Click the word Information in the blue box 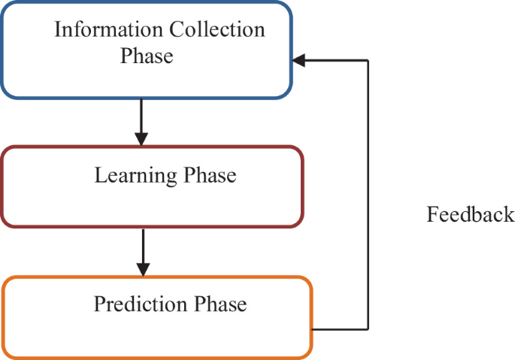99,30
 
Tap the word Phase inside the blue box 147,56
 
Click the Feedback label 471,215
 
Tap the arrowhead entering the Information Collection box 298,60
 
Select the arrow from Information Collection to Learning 141,122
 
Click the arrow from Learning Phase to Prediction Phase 143,252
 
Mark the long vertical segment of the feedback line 368,195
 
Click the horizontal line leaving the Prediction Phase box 340,329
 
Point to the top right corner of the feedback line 368,60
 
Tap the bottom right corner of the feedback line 368,329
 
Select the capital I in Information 58,30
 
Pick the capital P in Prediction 99,304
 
